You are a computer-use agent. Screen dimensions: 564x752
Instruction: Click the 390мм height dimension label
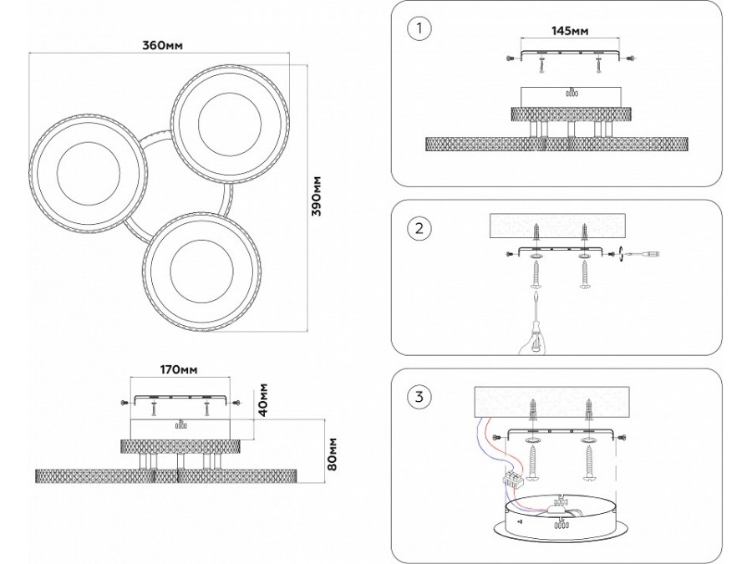[x=317, y=196]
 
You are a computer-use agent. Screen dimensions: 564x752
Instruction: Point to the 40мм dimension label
[x=262, y=400]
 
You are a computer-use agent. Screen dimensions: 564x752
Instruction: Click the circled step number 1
[x=419, y=28]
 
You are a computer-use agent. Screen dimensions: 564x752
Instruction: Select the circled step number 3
[x=419, y=396]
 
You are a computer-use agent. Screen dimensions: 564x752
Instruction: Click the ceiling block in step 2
[x=556, y=226]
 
